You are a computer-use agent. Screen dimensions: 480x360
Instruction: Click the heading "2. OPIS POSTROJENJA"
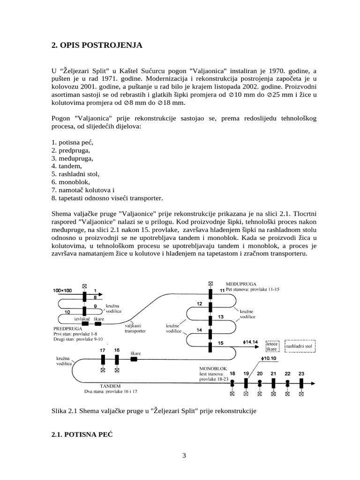[96, 45]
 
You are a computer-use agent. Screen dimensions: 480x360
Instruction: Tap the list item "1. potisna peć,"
[73, 142]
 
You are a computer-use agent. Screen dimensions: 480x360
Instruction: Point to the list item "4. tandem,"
[67, 165]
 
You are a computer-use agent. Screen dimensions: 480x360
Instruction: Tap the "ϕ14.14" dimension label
[251, 342]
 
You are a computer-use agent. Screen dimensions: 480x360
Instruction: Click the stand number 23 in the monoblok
[301, 373]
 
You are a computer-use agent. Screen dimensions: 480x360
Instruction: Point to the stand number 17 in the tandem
[103, 350]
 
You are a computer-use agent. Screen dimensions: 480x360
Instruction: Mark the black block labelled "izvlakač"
[85, 323]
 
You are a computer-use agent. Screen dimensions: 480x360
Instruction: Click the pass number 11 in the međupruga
[222, 291]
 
